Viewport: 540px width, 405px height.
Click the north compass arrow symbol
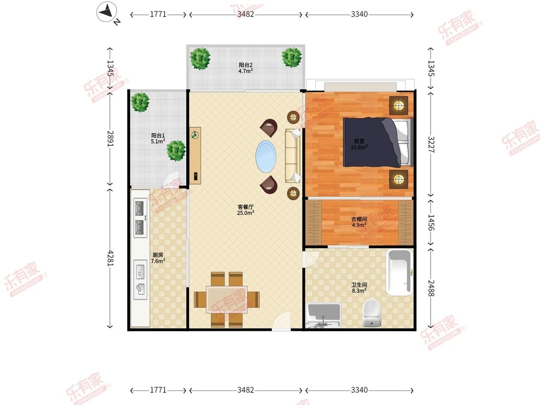107,12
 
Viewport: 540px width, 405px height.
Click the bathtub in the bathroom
399,273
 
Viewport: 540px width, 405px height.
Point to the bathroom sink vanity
324,315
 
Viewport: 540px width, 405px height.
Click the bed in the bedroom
378,142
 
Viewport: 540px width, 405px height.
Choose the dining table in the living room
227,299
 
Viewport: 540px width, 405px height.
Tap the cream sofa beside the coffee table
293,156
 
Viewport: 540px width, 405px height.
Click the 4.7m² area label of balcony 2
246,71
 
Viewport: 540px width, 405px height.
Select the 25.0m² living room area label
246,213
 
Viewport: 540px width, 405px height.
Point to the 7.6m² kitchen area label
158,261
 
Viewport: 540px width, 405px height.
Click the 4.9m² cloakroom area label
359,225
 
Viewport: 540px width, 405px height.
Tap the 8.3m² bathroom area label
359,291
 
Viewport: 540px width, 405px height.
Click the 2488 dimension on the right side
431,288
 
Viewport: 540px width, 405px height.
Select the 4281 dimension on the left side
110,258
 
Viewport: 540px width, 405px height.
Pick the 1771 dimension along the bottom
158,390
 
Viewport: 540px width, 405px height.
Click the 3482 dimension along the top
246,14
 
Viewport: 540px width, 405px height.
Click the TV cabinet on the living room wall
195,155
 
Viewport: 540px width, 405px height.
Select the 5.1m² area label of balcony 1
158,142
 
